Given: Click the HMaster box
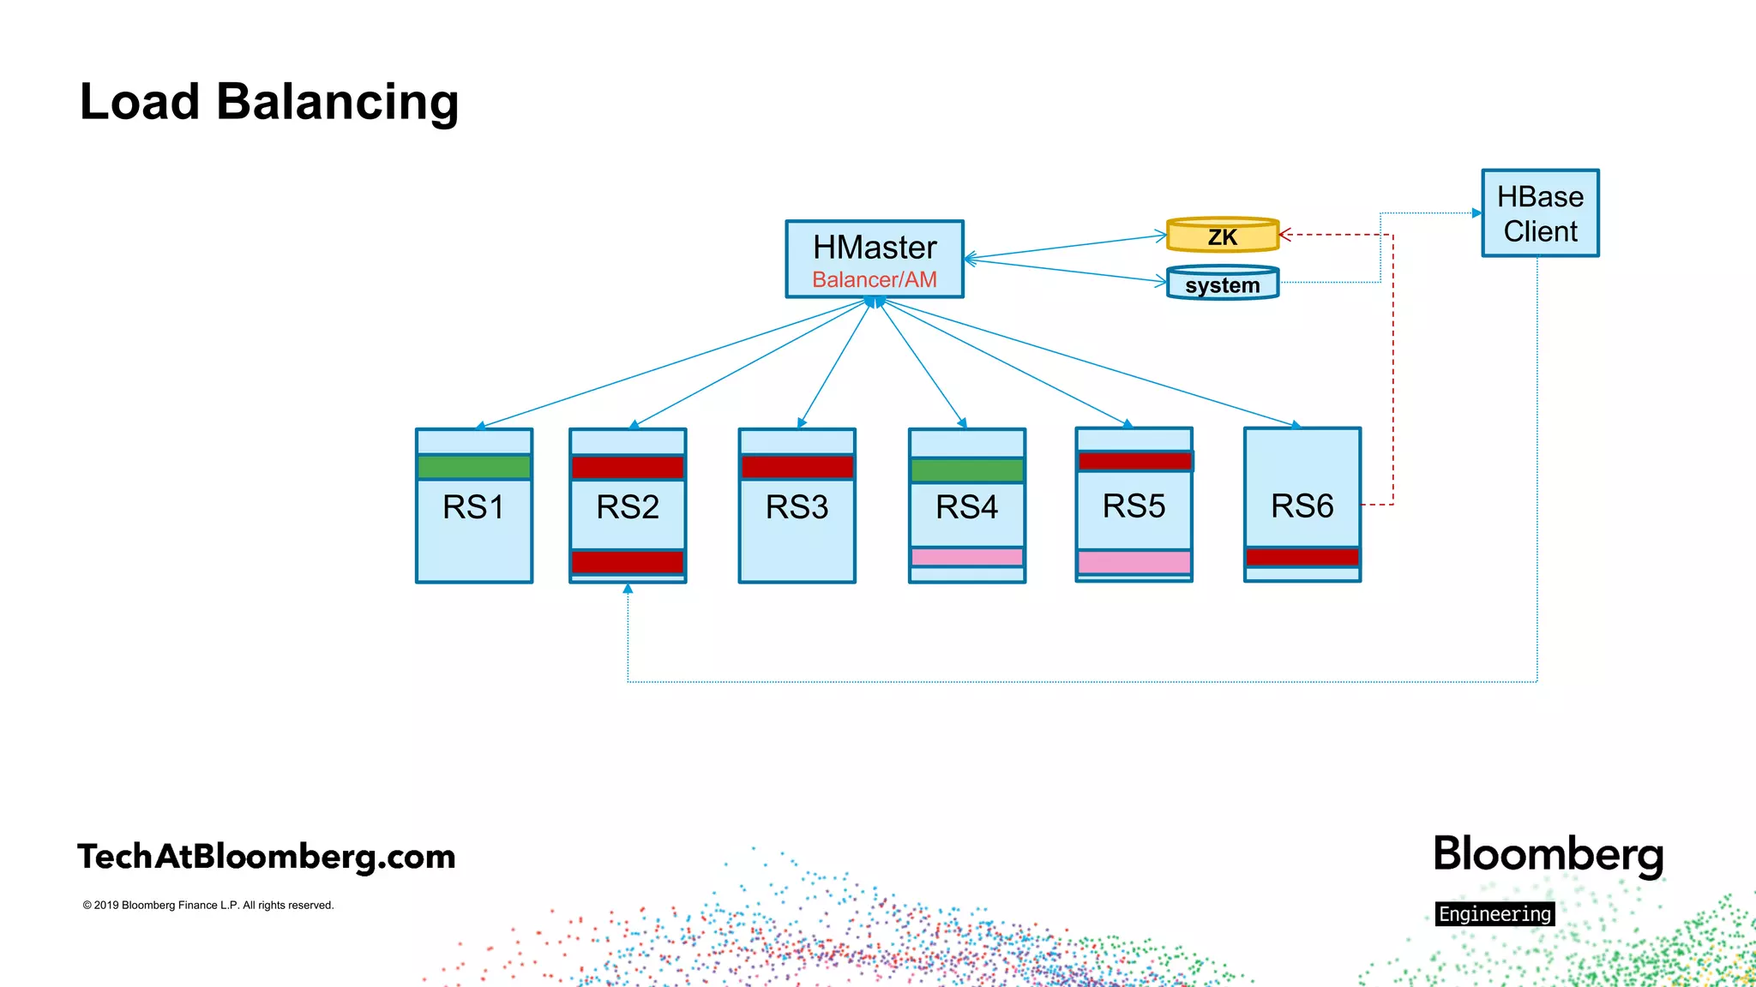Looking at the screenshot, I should pyautogui.click(x=875, y=248).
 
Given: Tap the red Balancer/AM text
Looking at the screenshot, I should pyautogui.click(x=875, y=280).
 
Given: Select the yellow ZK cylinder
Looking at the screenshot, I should pyautogui.click(x=1223, y=236).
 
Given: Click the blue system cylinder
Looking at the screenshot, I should pyautogui.click(x=1223, y=284).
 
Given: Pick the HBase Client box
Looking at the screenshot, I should pyautogui.click(x=1540, y=213).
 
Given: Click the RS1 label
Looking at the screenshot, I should pyautogui.click(x=473, y=507).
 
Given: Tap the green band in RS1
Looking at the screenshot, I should pyautogui.click(x=474, y=467).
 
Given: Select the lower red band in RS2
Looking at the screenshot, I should pyautogui.click(x=628, y=562).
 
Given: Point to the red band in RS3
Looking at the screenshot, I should pyautogui.click(x=797, y=467).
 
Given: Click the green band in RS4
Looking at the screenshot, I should pyautogui.click(x=967, y=470).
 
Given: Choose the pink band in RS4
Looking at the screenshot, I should pyautogui.click(x=967, y=558).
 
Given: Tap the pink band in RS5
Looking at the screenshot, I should pyautogui.click(x=1134, y=562).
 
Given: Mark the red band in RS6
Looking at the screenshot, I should pyautogui.click(x=1302, y=557).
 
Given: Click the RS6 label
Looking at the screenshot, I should pyautogui.click(x=1302, y=506).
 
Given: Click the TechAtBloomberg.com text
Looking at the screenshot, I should pyautogui.click(x=267, y=857).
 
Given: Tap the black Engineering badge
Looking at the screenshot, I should pyautogui.click(x=1494, y=914).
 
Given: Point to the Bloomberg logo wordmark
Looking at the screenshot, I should pyautogui.click(x=1549, y=855).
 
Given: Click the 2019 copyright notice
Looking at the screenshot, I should pyautogui.click(x=208, y=906).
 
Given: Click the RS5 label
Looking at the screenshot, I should pyautogui.click(x=1134, y=506).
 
